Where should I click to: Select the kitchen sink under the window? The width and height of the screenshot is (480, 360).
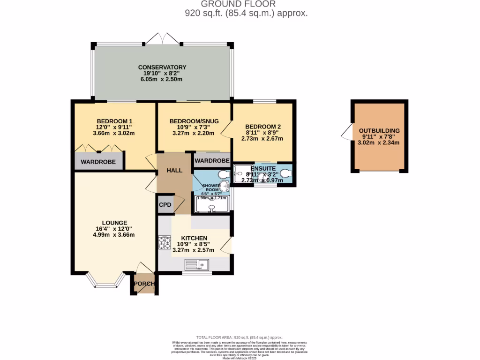197,265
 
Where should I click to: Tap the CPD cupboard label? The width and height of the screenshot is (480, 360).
165,204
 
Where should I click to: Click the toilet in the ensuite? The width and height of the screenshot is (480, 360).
286,175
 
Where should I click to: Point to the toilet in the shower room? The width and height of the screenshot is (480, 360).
224,175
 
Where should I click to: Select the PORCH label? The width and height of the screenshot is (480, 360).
144,284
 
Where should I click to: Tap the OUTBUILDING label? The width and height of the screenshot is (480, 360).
379,130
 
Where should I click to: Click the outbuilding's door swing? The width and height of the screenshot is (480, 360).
346,132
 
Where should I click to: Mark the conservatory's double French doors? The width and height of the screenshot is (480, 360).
162,39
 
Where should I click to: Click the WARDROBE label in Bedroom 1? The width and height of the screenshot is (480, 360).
98,162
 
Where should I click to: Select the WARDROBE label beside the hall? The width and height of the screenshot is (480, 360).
212,161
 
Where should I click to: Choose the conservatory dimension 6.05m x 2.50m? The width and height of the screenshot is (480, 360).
161,80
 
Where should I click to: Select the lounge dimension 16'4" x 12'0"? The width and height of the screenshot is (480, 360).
114,229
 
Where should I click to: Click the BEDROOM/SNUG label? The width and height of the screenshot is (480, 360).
194,120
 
